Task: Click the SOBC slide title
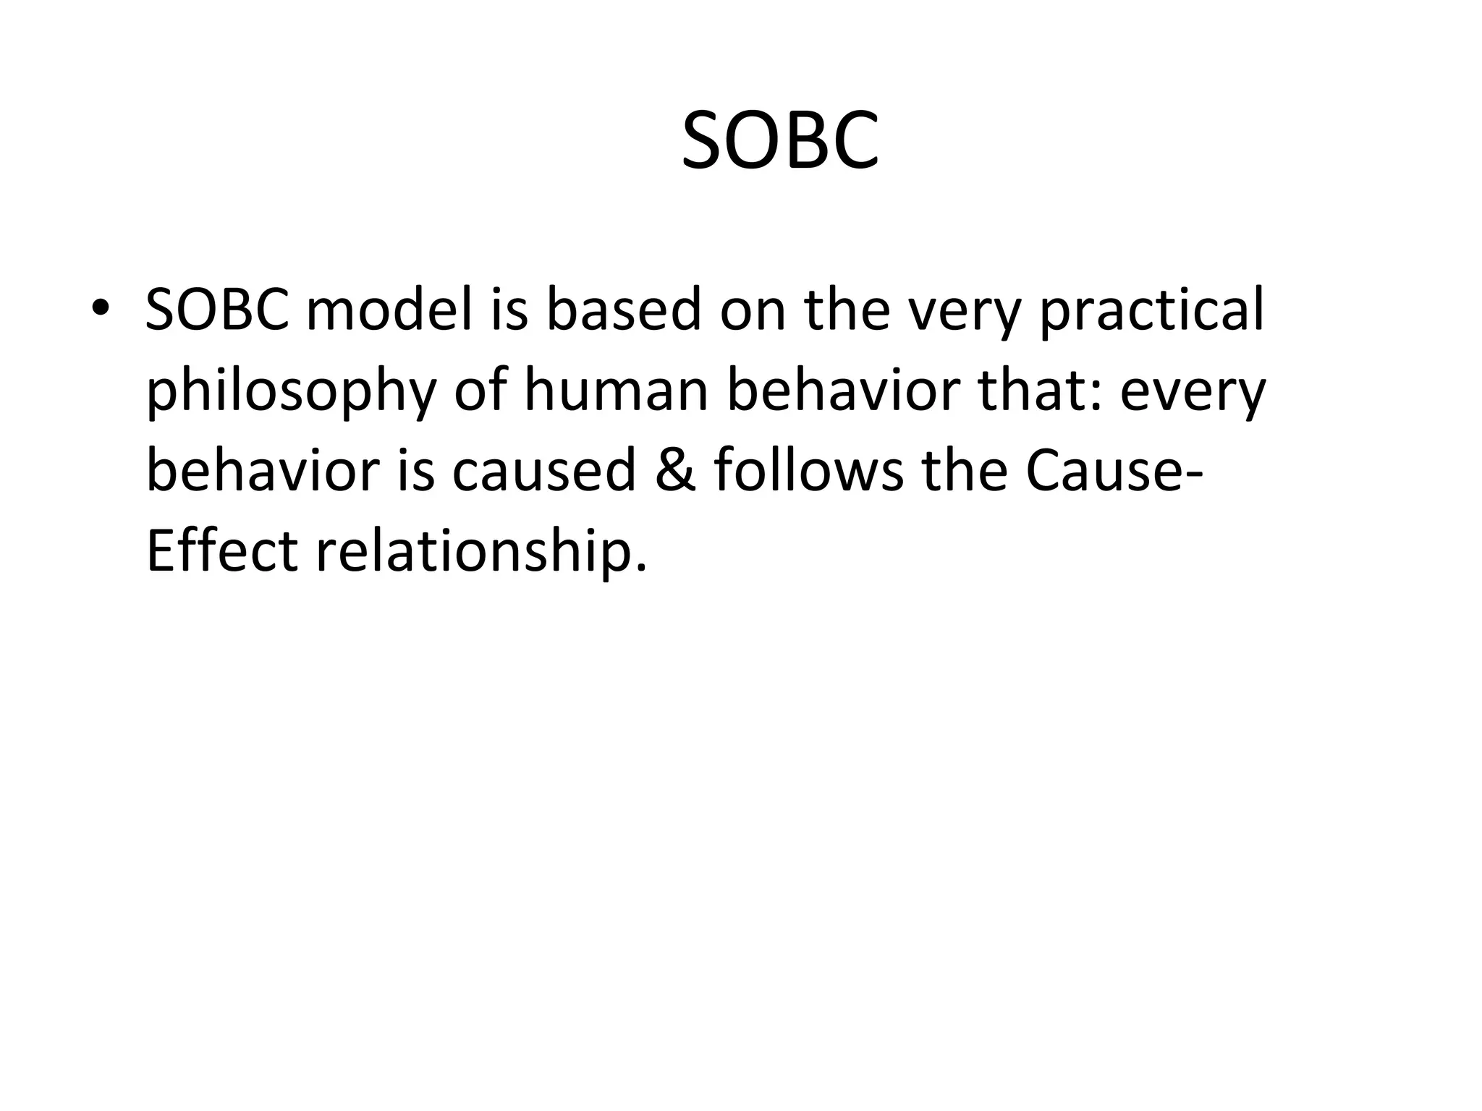point(780,142)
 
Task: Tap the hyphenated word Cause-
point(1115,470)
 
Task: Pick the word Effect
point(221,551)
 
